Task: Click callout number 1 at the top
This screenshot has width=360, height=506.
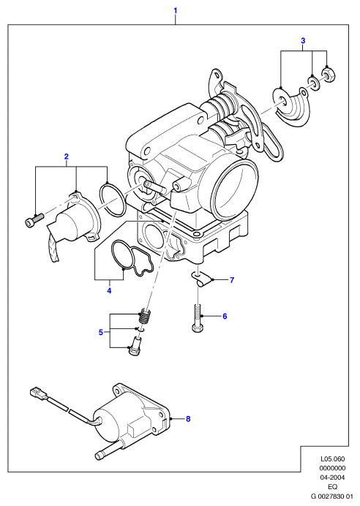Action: [176, 11]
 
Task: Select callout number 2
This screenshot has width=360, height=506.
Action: [67, 156]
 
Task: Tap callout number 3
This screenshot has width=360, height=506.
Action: [303, 41]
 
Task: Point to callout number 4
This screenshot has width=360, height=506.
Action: [109, 291]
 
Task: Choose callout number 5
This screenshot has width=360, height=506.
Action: [101, 332]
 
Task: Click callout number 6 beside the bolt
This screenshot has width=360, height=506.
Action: [225, 316]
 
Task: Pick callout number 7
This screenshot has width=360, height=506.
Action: [232, 280]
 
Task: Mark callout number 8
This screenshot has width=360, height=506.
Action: [188, 419]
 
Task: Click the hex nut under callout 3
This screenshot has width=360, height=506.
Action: [328, 75]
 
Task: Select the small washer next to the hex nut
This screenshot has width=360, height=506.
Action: [313, 82]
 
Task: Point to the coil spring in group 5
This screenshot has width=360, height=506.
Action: [146, 317]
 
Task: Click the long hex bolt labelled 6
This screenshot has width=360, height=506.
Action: [198, 317]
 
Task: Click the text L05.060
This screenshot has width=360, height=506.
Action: [332, 458]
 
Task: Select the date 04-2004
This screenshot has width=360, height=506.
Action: [332, 477]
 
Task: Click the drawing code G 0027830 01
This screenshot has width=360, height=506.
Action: [332, 496]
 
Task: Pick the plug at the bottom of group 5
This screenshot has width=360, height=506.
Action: [135, 347]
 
